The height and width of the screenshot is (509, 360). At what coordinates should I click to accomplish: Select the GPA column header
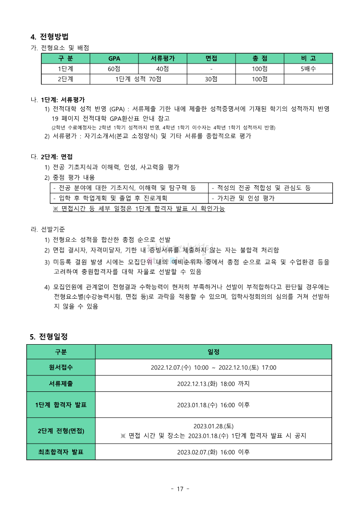(x=114, y=59)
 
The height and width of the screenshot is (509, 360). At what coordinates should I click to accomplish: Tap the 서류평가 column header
(x=163, y=59)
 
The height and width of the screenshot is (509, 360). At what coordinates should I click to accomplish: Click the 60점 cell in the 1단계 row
(x=114, y=69)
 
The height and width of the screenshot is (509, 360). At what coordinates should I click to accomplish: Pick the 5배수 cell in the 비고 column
(x=308, y=69)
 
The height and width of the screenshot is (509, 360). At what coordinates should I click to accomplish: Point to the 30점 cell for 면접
(x=211, y=79)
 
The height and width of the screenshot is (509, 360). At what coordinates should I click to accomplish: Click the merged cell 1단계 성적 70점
(x=138, y=79)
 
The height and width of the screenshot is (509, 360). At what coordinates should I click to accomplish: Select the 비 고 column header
(x=308, y=59)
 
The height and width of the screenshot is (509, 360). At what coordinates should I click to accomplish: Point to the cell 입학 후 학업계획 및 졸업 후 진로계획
(x=110, y=198)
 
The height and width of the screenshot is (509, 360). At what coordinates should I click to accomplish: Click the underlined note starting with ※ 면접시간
(x=139, y=209)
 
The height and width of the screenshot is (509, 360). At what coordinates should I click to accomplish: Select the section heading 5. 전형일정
(x=49, y=337)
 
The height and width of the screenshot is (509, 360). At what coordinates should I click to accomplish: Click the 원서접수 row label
(x=61, y=367)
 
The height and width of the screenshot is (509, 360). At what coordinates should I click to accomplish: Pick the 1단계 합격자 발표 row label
(x=61, y=405)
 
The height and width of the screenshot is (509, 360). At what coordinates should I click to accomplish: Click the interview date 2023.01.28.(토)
(x=213, y=426)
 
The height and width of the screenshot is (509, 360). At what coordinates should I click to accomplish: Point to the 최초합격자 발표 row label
(x=61, y=452)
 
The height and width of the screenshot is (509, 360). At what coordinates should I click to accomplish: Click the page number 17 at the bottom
(x=180, y=489)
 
